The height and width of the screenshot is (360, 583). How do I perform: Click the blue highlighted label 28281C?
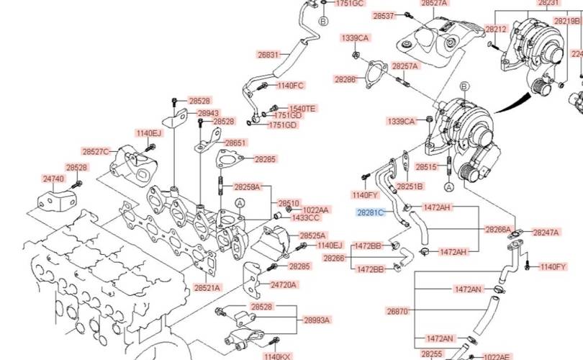pos(371,212)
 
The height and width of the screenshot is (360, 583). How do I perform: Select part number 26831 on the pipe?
pos(268,55)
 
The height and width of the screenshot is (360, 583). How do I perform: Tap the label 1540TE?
pos(302,109)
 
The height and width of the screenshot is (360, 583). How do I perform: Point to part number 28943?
pos(208,114)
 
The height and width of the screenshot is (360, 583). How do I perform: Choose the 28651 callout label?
pos(235,143)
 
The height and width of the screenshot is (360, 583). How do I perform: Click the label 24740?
pos(53,179)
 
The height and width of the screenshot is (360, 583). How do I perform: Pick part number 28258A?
pos(247,186)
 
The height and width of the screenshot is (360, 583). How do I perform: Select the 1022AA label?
pos(315,210)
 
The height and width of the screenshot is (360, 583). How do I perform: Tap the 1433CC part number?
pos(306,217)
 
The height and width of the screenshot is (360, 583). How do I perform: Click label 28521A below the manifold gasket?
pos(207,288)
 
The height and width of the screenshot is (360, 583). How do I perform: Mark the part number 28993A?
pos(317,320)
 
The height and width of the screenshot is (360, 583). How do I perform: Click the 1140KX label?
pos(277,356)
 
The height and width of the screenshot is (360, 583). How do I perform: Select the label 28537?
pos(384,15)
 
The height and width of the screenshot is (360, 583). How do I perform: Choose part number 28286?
pos(345,79)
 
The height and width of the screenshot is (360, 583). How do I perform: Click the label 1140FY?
pos(365,195)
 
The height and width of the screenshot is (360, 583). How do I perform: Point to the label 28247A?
pos(546,233)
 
